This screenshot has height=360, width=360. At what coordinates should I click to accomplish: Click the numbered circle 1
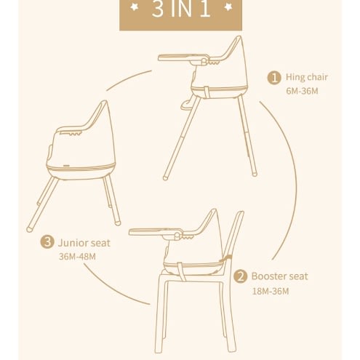pyautogui.click(x=274, y=78)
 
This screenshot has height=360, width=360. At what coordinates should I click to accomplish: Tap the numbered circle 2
pyautogui.click(x=240, y=276)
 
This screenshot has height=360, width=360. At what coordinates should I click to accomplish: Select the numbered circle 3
pyautogui.click(x=47, y=241)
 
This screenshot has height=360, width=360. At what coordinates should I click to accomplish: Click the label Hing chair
pyautogui.click(x=307, y=77)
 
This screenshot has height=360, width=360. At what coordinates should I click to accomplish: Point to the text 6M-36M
pyautogui.click(x=302, y=91)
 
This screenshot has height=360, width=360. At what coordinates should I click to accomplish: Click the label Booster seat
pyautogui.click(x=279, y=276)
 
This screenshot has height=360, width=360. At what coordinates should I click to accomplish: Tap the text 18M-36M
pyautogui.click(x=271, y=291)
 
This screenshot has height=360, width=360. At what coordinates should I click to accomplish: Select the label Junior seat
pyautogui.click(x=84, y=243)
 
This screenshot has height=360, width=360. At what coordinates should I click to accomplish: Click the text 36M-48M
pyautogui.click(x=77, y=257)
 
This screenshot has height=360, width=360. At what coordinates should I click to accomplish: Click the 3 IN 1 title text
pyautogui.click(x=181, y=9)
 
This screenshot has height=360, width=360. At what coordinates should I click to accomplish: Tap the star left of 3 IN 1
pyautogui.click(x=134, y=7)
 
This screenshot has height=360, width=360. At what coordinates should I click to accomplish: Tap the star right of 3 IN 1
pyautogui.click(x=228, y=7)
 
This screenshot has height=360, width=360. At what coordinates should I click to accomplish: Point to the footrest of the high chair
pyautogui.click(x=187, y=105)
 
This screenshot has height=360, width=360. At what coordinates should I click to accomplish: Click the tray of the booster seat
pyautogui.click(x=155, y=231)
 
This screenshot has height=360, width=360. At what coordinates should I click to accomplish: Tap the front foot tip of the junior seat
pyautogui.click(x=29, y=229)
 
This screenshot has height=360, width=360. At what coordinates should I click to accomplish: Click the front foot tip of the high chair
pyautogui.click(x=165, y=177)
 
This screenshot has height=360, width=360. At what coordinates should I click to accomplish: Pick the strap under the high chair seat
pyautogui.click(x=207, y=92)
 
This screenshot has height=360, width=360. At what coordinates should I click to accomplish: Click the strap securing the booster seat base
pyautogui.click(x=181, y=271)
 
